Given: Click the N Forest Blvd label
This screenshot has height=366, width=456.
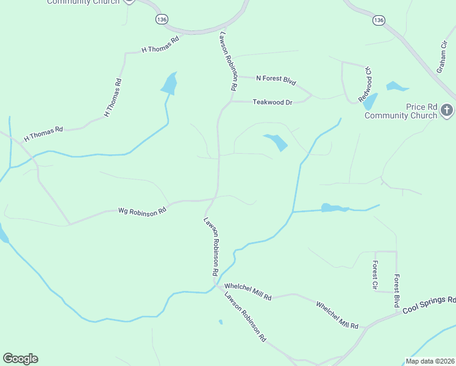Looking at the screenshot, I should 276,79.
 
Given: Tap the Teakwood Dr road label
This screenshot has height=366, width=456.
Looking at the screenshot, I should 273,102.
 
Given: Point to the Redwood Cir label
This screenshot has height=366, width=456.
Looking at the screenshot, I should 365,84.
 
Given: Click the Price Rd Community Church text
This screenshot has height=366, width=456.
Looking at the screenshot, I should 401,111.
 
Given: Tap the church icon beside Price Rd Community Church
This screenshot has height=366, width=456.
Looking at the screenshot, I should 447,110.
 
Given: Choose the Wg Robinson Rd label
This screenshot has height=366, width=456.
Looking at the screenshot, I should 142,211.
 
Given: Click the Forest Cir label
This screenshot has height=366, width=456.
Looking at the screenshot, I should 375,274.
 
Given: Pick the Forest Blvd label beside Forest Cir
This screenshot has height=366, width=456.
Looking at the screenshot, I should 396,290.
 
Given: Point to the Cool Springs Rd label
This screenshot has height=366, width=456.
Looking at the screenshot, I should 429,305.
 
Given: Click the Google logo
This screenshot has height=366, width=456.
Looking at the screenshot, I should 20,359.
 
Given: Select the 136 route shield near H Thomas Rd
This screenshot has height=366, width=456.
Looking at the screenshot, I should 162,20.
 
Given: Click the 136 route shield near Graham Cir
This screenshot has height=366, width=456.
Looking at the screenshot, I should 379,20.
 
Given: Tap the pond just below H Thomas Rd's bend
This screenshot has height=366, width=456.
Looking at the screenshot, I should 169,84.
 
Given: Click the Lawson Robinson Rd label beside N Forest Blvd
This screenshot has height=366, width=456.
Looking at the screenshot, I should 227,62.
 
